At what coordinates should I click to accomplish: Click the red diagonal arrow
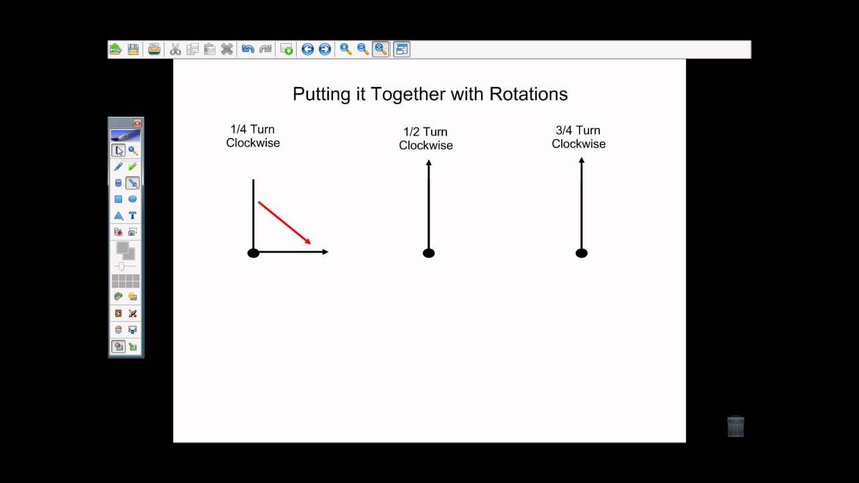tap(284, 222)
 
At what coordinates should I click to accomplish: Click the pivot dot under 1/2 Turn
tap(429, 253)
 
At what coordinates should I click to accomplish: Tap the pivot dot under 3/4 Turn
tap(581, 253)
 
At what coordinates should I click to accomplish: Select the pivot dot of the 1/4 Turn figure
tap(253, 253)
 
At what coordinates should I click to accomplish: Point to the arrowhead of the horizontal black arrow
tap(325, 252)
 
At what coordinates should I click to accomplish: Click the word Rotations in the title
tap(528, 94)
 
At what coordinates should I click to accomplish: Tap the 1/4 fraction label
tap(238, 129)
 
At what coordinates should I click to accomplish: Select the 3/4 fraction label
tap(564, 131)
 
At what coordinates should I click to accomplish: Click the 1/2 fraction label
tap(411, 132)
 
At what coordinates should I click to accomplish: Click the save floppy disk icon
tap(133, 49)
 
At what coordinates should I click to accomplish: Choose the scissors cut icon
tap(175, 49)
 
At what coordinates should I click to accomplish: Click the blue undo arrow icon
tap(248, 49)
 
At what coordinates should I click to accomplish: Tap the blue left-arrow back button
tap(307, 49)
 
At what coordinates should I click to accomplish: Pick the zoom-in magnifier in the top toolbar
tap(346, 49)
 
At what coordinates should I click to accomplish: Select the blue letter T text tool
tap(132, 215)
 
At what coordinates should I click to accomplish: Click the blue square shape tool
tap(118, 199)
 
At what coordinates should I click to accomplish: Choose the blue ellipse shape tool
tap(132, 199)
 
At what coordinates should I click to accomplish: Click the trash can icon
tap(736, 426)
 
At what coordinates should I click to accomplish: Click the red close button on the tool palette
tap(137, 123)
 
